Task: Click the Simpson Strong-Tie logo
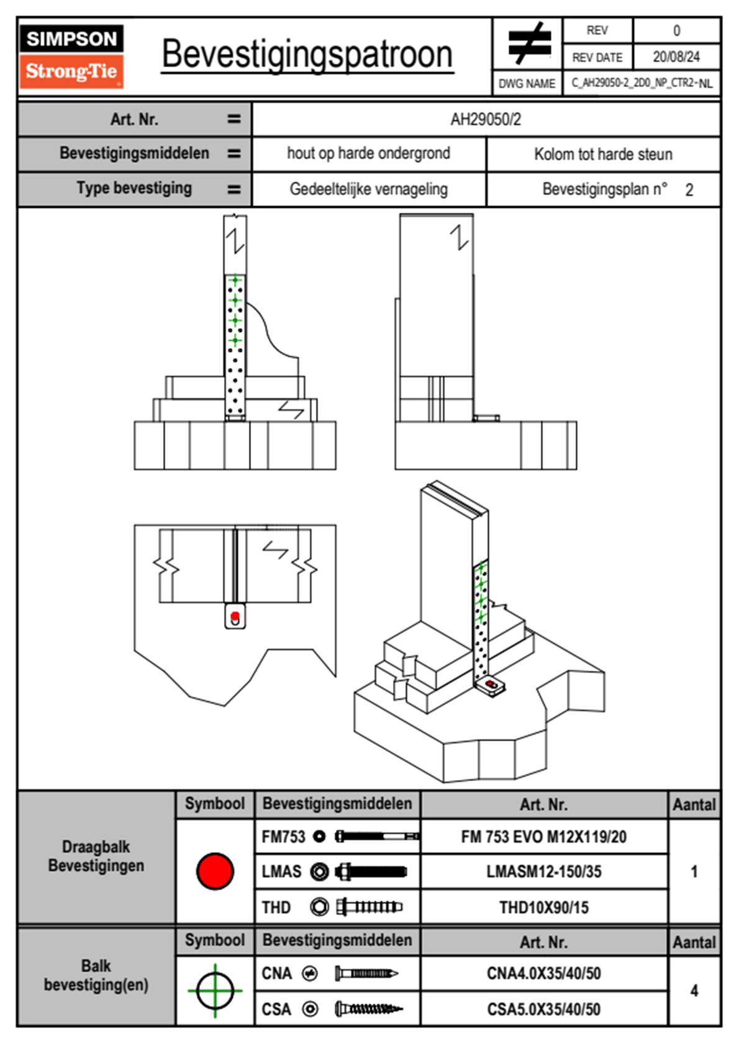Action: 71,56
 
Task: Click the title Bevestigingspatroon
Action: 307,55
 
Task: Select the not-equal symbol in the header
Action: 529,44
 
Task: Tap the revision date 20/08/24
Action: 676,57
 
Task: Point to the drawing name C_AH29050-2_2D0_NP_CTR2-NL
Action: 642,83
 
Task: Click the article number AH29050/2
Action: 486,119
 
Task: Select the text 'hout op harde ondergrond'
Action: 368,153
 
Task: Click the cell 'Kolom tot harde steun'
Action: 603,154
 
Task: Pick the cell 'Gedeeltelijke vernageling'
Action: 368,189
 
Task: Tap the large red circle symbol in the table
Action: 215,871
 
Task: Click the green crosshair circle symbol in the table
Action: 215,991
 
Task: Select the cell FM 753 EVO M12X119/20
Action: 543,837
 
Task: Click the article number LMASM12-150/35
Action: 543,871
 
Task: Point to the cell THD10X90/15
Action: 543,907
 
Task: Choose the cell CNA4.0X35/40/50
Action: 543,973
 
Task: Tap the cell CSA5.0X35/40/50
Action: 543,1009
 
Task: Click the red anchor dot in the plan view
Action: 235,616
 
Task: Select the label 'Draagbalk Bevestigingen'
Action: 96,856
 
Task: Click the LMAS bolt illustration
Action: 371,871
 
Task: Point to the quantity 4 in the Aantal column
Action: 694,991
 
